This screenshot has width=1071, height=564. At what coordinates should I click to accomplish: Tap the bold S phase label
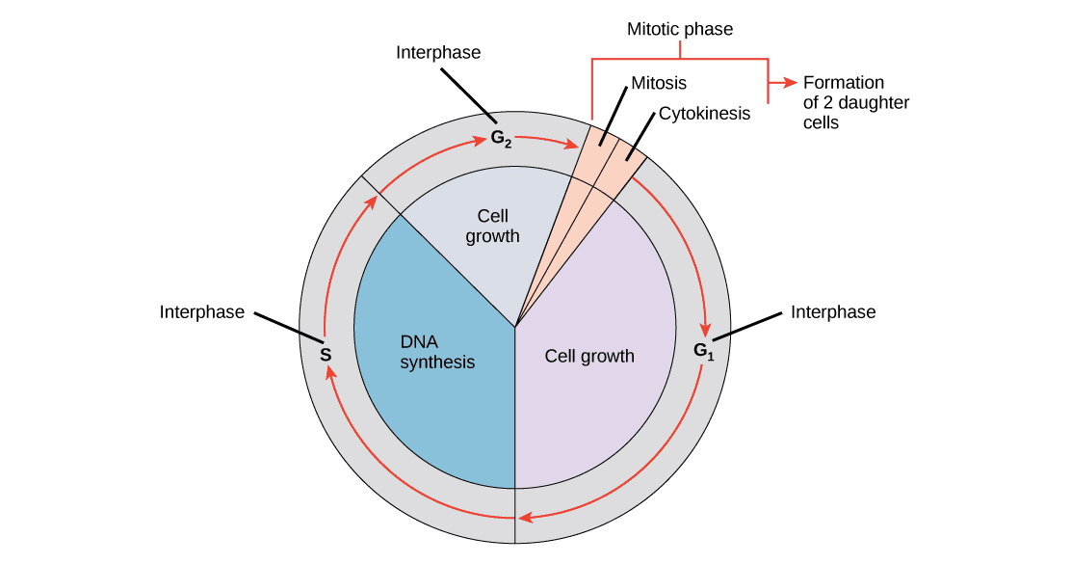(326, 355)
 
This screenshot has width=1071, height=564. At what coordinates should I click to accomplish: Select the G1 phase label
(704, 351)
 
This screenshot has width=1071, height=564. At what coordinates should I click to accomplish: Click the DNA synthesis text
(437, 353)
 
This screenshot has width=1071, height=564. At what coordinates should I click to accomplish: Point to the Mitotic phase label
(680, 30)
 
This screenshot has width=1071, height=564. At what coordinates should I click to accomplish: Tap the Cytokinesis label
(704, 114)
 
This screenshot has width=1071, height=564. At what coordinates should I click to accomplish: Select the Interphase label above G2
(438, 53)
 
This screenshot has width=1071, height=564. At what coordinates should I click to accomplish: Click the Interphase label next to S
(203, 312)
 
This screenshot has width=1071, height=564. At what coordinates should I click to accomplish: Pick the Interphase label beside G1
(834, 311)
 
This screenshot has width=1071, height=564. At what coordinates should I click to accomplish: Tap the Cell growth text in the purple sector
(589, 356)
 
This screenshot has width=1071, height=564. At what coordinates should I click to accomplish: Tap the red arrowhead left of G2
(480, 143)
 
